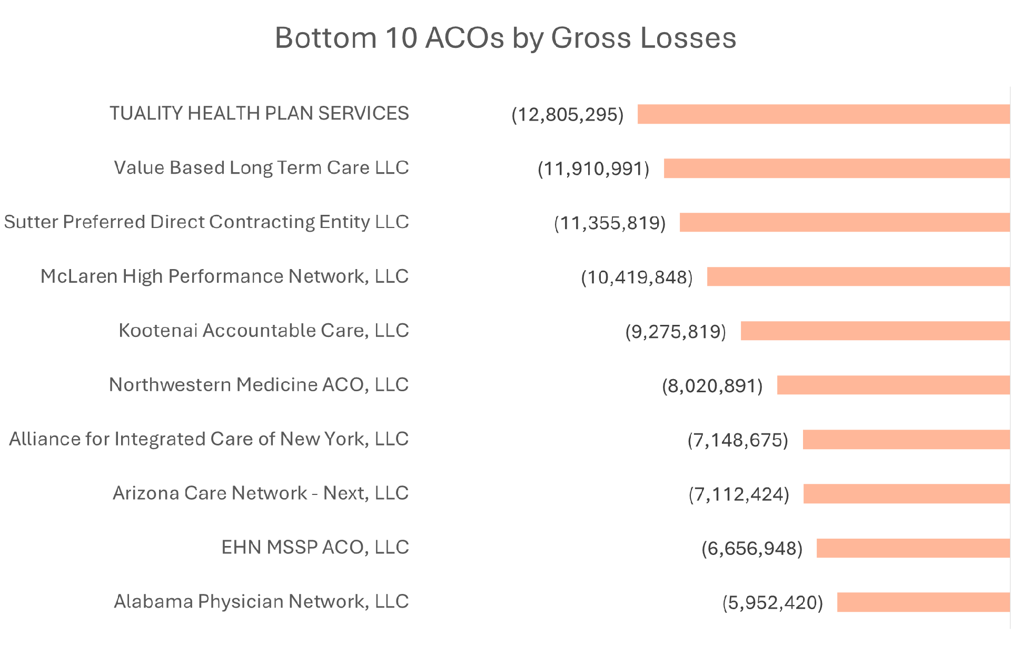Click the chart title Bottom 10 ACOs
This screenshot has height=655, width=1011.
tap(505, 38)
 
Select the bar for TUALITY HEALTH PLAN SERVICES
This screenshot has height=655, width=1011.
tap(823, 114)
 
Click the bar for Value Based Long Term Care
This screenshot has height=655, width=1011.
tap(836, 168)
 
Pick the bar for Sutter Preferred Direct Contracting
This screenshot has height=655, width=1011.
tap(844, 222)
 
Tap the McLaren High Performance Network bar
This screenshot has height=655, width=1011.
tap(858, 276)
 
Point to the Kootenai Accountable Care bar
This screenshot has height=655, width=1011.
tap(875, 331)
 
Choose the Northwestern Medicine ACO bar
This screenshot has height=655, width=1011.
tap(893, 385)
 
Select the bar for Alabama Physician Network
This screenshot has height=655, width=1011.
tap(923, 602)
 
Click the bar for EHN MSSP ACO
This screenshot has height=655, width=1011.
tap(913, 548)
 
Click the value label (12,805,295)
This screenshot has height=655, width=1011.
tap(567, 115)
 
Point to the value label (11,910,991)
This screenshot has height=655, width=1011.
tap(593, 169)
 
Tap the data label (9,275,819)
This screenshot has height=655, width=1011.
tap(676, 332)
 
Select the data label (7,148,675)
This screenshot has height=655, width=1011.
tap(738, 440)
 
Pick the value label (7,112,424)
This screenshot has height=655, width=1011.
tap(739, 494)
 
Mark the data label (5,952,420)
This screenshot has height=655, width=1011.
tap(772, 603)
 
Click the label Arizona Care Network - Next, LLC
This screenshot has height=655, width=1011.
tap(261, 493)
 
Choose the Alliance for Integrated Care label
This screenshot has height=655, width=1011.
tap(209, 439)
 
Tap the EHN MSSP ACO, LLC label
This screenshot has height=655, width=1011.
tap(315, 548)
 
